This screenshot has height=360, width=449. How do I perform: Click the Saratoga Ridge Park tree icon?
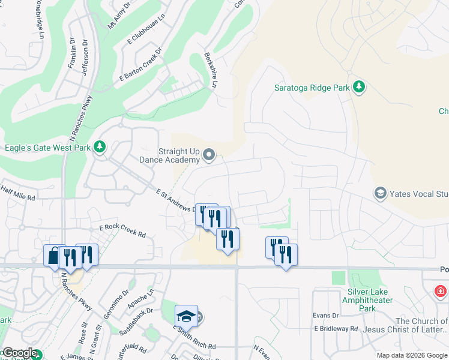[359, 88]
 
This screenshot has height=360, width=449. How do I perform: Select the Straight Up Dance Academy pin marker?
[209, 156]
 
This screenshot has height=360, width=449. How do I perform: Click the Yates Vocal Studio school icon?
[380, 193]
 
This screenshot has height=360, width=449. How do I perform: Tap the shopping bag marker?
[53, 256]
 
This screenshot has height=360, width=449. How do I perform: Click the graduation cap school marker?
[186, 316]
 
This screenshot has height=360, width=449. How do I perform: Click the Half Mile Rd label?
[18, 193]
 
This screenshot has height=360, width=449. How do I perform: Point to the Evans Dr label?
[326, 316]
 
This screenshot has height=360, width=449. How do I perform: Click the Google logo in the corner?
[19, 353]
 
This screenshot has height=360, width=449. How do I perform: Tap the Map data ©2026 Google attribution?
[411, 355]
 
